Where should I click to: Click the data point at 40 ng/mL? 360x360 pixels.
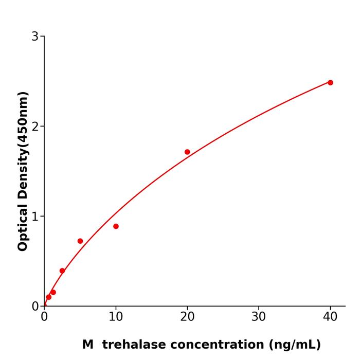coord(330,82)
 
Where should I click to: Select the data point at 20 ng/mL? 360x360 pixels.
coord(187,152)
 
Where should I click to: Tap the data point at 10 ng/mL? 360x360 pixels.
coord(116,226)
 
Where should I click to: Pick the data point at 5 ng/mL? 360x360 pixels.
coord(80,241)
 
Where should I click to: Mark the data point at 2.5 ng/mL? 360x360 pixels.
coord(62,271)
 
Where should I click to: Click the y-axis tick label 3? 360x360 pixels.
coord(35,37)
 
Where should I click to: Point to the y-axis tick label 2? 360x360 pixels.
coord(35,127)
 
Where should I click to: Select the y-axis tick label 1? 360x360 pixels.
coord(35,217)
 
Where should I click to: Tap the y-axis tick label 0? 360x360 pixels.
coord(35,307)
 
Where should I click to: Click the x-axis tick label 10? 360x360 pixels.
coord(116,317)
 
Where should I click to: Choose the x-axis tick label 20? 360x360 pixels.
coord(187,317)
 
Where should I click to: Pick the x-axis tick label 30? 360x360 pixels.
coord(259,317)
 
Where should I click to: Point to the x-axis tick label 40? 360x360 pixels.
coord(330,317)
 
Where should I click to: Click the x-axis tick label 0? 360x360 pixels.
coord(44,317)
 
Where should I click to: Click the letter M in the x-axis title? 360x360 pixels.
coord(88,345)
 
